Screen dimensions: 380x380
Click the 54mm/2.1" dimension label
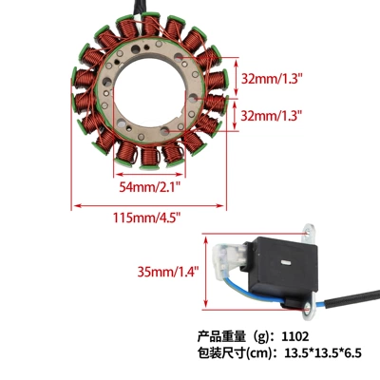pyautogui.click(x=150, y=187)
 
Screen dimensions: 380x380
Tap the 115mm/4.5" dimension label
pyautogui.click(x=147, y=218)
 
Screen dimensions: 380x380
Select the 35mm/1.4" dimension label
pyautogui.click(x=168, y=272)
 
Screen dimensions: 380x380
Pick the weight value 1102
pyautogui.click(x=295, y=336)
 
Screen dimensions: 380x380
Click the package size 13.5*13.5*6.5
pyautogui.click(x=323, y=352)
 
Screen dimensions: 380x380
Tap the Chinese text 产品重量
pyautogui.click(x=221, y=336)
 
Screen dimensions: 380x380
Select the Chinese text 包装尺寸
pyautogui.click(x=221, y=352)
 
